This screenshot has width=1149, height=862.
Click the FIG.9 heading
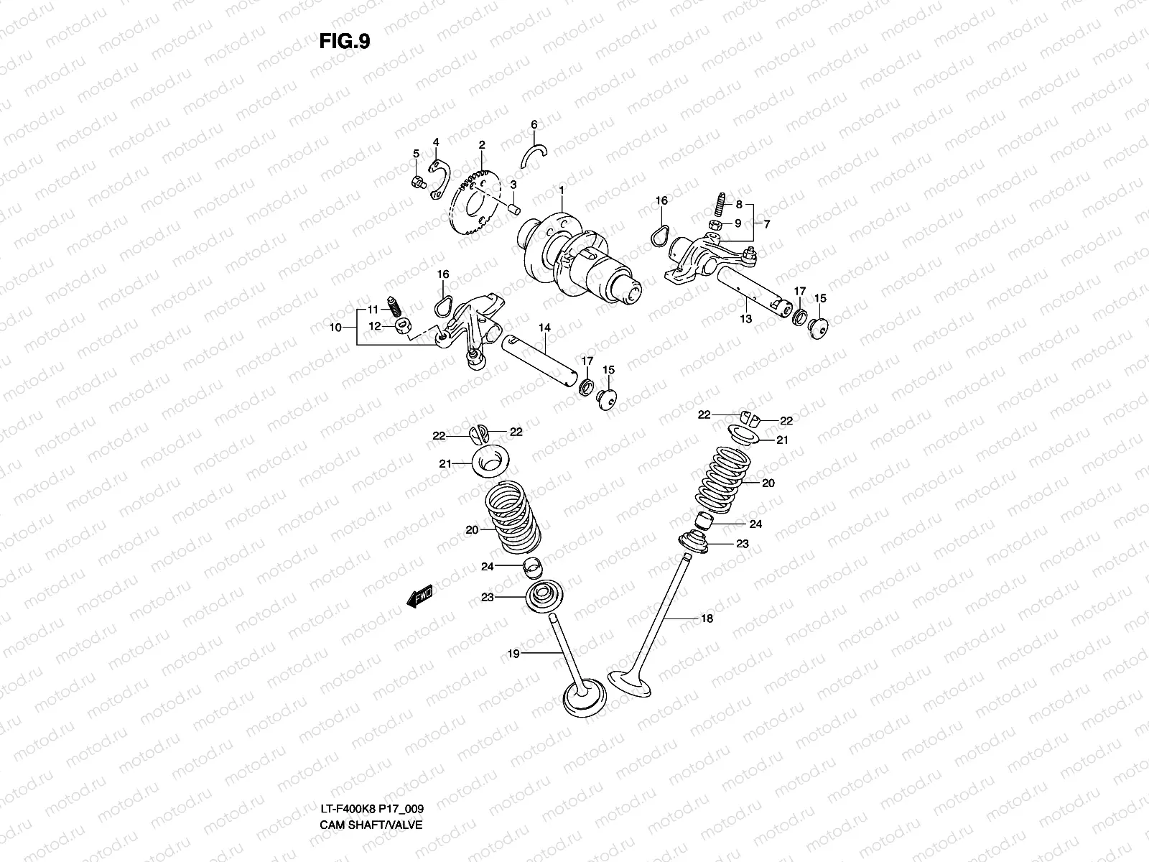[x=345, y=42]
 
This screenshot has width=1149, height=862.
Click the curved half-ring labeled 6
[x=535, y=154]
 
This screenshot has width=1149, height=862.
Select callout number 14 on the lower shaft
[x=544, y=328]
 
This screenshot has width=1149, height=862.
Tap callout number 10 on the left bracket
[x=334, y=328]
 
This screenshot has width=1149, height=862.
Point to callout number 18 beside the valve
[x=707, y=618]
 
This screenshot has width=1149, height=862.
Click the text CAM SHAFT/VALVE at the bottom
[x=371, y=784]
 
